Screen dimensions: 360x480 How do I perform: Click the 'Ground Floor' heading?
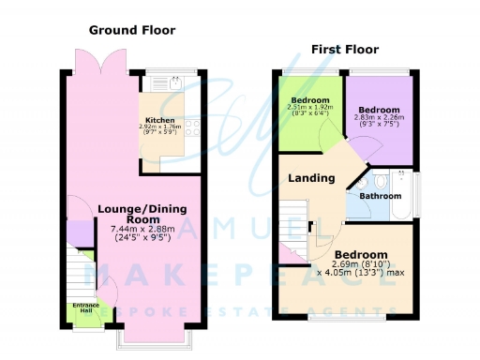[x=132, y=30]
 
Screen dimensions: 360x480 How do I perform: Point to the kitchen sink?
[x=176, y=82]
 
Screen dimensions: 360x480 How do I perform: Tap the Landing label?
[x=311, y=178]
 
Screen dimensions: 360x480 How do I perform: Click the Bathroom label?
[x=382, y=196]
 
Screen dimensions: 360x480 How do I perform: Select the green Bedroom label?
[x=309, y=100]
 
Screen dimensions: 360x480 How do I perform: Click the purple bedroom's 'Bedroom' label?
[x=378, y=109]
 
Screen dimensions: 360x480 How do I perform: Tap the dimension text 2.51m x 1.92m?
[x=309, y=108]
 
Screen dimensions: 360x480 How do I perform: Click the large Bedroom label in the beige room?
[x=361, y=255]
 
